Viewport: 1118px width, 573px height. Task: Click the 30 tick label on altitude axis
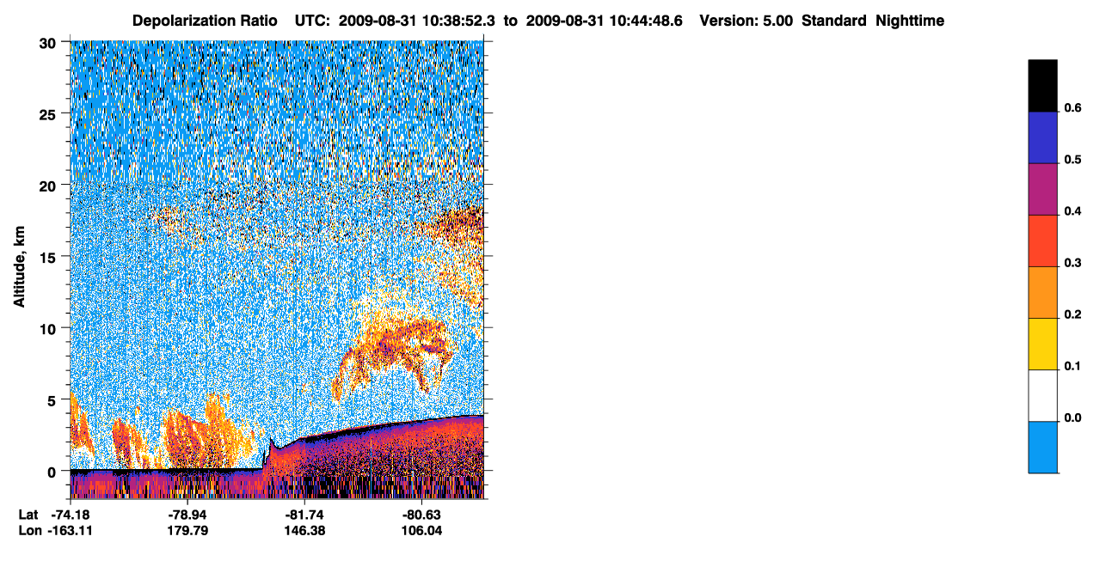pos(47,44)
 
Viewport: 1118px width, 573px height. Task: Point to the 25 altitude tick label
pos(47,115)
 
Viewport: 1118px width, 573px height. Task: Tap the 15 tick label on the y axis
pos(47,259)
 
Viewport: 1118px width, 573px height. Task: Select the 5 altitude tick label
pos(52,401)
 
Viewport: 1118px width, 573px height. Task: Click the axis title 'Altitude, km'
pos(19,266)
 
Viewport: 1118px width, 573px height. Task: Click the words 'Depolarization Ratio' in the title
pos(205,21)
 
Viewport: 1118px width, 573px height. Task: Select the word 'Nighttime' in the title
pos(910,21)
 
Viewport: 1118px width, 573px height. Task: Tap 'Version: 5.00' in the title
pos(746,21)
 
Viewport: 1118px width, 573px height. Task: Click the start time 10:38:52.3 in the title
pos(458,21)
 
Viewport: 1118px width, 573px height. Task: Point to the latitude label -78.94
pos(187,515)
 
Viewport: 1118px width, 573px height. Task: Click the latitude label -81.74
pos(304,515)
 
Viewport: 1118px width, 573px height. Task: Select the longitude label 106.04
pos(421,531)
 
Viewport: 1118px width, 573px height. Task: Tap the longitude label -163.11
pos(71,531)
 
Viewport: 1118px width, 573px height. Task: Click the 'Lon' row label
pos(30,531)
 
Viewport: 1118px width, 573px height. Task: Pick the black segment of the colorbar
pos(1042,85)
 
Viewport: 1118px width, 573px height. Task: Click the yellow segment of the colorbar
pos(1042,344)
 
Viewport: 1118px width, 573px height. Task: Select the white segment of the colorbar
pos(1042,396)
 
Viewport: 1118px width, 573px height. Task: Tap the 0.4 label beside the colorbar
pos(1072,211)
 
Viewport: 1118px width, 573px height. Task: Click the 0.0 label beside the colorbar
pos(1072,418)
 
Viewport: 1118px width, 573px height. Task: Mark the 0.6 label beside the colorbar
pos(1072,108)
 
